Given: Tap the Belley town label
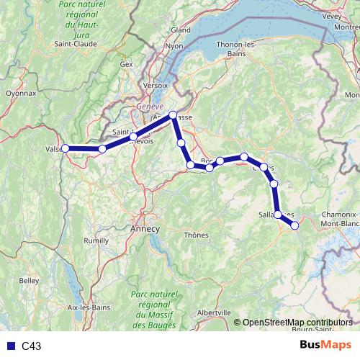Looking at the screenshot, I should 30,279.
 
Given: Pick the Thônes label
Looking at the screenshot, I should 196,235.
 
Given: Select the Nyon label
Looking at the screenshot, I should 175,46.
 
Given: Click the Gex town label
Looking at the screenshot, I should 127,64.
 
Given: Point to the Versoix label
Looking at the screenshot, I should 156,84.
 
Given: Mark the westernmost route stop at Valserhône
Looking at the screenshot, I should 65,148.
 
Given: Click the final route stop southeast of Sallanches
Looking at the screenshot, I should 294,225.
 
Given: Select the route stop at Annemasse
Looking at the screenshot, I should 173,115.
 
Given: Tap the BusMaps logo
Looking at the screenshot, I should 326,345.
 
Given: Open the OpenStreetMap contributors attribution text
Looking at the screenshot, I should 297,322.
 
